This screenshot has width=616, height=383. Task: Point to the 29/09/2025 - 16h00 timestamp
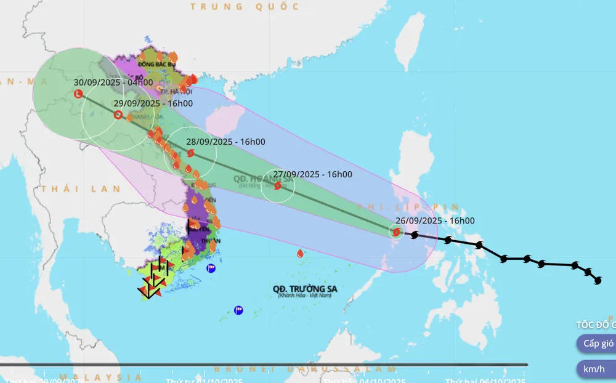(153, 103)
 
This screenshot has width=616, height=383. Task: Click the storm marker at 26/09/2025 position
(396, 232)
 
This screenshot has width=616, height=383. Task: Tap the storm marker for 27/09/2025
(277, 185)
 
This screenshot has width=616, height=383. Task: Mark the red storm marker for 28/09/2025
(191, 153)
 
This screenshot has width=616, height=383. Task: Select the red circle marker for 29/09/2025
(118, 115)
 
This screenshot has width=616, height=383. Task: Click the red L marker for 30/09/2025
(78, 94)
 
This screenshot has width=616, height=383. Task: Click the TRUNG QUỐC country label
(245, 7)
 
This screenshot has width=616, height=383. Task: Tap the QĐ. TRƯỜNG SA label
(307, 288)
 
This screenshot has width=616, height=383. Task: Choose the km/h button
(595, 369)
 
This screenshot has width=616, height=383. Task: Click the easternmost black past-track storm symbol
(597, 280)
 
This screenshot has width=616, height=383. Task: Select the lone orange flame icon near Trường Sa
(300, 253)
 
